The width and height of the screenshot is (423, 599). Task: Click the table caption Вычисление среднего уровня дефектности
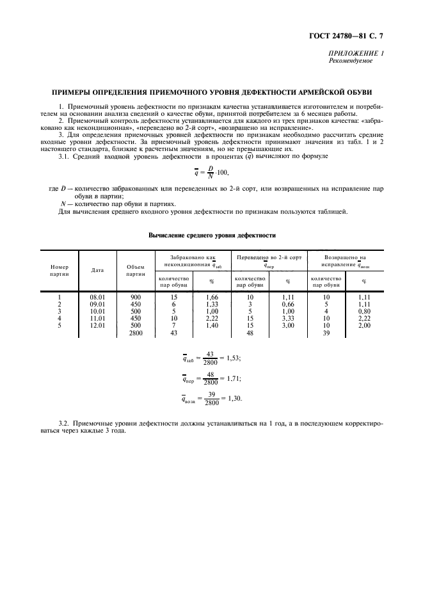pyautogui.click(x=211, y=236)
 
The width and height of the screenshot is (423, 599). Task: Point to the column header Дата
pyautogui.click(x=97, y=269)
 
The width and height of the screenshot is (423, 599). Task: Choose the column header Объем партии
pyautogui.click(x=135, y=270)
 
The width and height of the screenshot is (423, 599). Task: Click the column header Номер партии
pyautogui.click(x=60, y=270)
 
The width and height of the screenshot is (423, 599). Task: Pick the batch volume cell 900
pyautogui.click(x=135, y=297)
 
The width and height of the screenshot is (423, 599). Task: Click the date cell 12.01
pyautogui.click(x=97, y=325)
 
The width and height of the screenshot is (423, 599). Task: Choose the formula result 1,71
pyautogui.click(x=234, y=378)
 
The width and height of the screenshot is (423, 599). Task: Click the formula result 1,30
pyautogui.click(x=235, y=399)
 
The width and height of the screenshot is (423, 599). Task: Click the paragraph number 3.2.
pyautogui.click(x=63, y=424)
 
